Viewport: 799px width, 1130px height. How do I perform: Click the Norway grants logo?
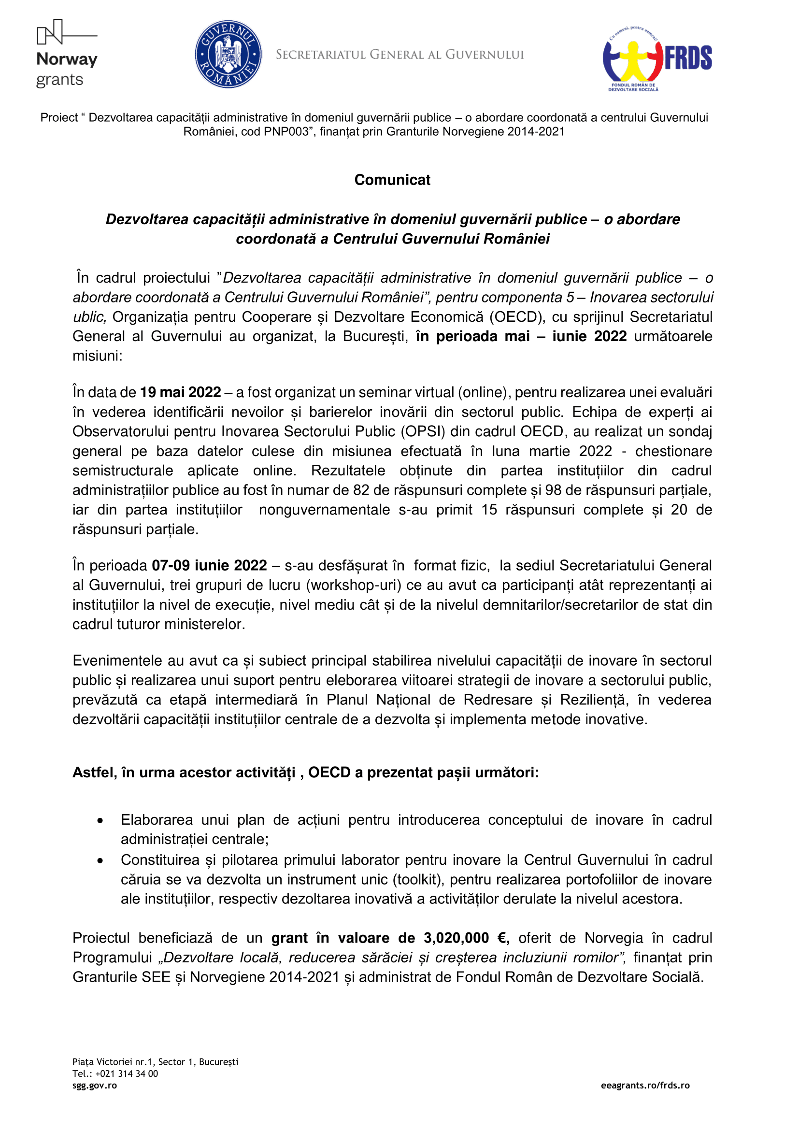(x=67, y=54)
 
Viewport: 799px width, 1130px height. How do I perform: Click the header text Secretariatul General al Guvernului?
(x=399, y=55)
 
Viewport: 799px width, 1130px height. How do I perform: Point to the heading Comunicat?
(x=392, y=180)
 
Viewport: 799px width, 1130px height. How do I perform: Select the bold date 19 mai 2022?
(x=181, y=392)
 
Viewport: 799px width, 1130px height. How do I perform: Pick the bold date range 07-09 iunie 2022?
(x=209, y=566)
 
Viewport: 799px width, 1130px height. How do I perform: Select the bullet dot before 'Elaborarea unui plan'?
(x=100, y=820)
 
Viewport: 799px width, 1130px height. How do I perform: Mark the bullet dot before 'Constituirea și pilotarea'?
(x=100, y=861)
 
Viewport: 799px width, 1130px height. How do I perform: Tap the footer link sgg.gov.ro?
(x=95, y=1086)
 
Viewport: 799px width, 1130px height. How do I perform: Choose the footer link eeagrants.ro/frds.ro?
(x=645, y=1086)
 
